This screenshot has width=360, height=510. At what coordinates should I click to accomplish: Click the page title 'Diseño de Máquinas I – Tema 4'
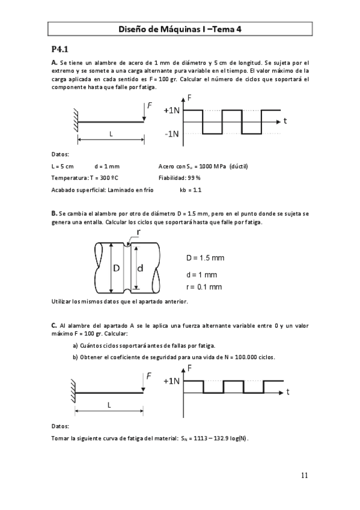180,28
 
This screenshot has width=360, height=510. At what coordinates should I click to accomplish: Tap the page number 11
304,475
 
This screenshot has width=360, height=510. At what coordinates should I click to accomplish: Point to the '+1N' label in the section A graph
171,111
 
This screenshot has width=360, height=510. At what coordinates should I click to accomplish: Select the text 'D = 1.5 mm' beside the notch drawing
205,258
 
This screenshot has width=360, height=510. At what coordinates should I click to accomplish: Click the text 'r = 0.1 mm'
204,287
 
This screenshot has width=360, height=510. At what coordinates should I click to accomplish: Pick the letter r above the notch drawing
139,232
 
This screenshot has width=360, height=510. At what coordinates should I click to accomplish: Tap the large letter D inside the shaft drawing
117,268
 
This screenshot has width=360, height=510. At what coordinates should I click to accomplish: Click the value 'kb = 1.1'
191,190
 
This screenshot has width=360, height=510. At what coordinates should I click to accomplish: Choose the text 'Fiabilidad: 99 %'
179,178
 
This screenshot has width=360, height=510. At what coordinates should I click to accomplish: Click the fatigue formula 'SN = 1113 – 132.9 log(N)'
215,438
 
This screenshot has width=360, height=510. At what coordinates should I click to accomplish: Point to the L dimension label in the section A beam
111,134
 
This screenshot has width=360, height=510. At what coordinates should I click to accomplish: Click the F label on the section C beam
149,376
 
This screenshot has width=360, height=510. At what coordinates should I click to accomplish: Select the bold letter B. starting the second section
54,214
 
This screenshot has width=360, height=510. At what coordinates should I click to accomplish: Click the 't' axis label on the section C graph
288,392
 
